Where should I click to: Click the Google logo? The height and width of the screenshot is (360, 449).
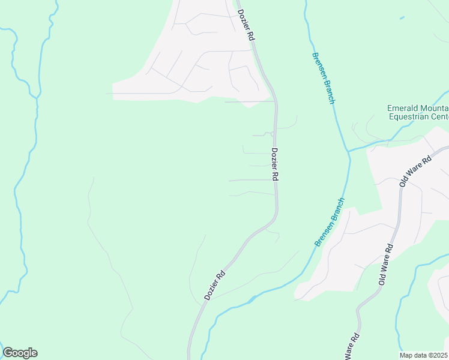20,353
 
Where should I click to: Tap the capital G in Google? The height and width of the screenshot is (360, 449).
8,353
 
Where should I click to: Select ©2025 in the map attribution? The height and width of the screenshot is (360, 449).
438,355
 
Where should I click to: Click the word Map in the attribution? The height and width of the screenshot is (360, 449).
407,355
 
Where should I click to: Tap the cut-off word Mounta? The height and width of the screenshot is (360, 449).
436,109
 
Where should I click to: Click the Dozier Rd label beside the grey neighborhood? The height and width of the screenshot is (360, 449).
246,25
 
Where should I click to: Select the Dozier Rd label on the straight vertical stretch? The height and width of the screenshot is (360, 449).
275,164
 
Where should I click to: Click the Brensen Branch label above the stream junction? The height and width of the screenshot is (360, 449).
322,78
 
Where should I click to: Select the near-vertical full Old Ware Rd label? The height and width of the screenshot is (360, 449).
386,264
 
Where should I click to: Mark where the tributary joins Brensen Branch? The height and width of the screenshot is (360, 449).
348,151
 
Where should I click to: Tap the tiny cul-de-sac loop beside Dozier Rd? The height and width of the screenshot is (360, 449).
273,133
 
